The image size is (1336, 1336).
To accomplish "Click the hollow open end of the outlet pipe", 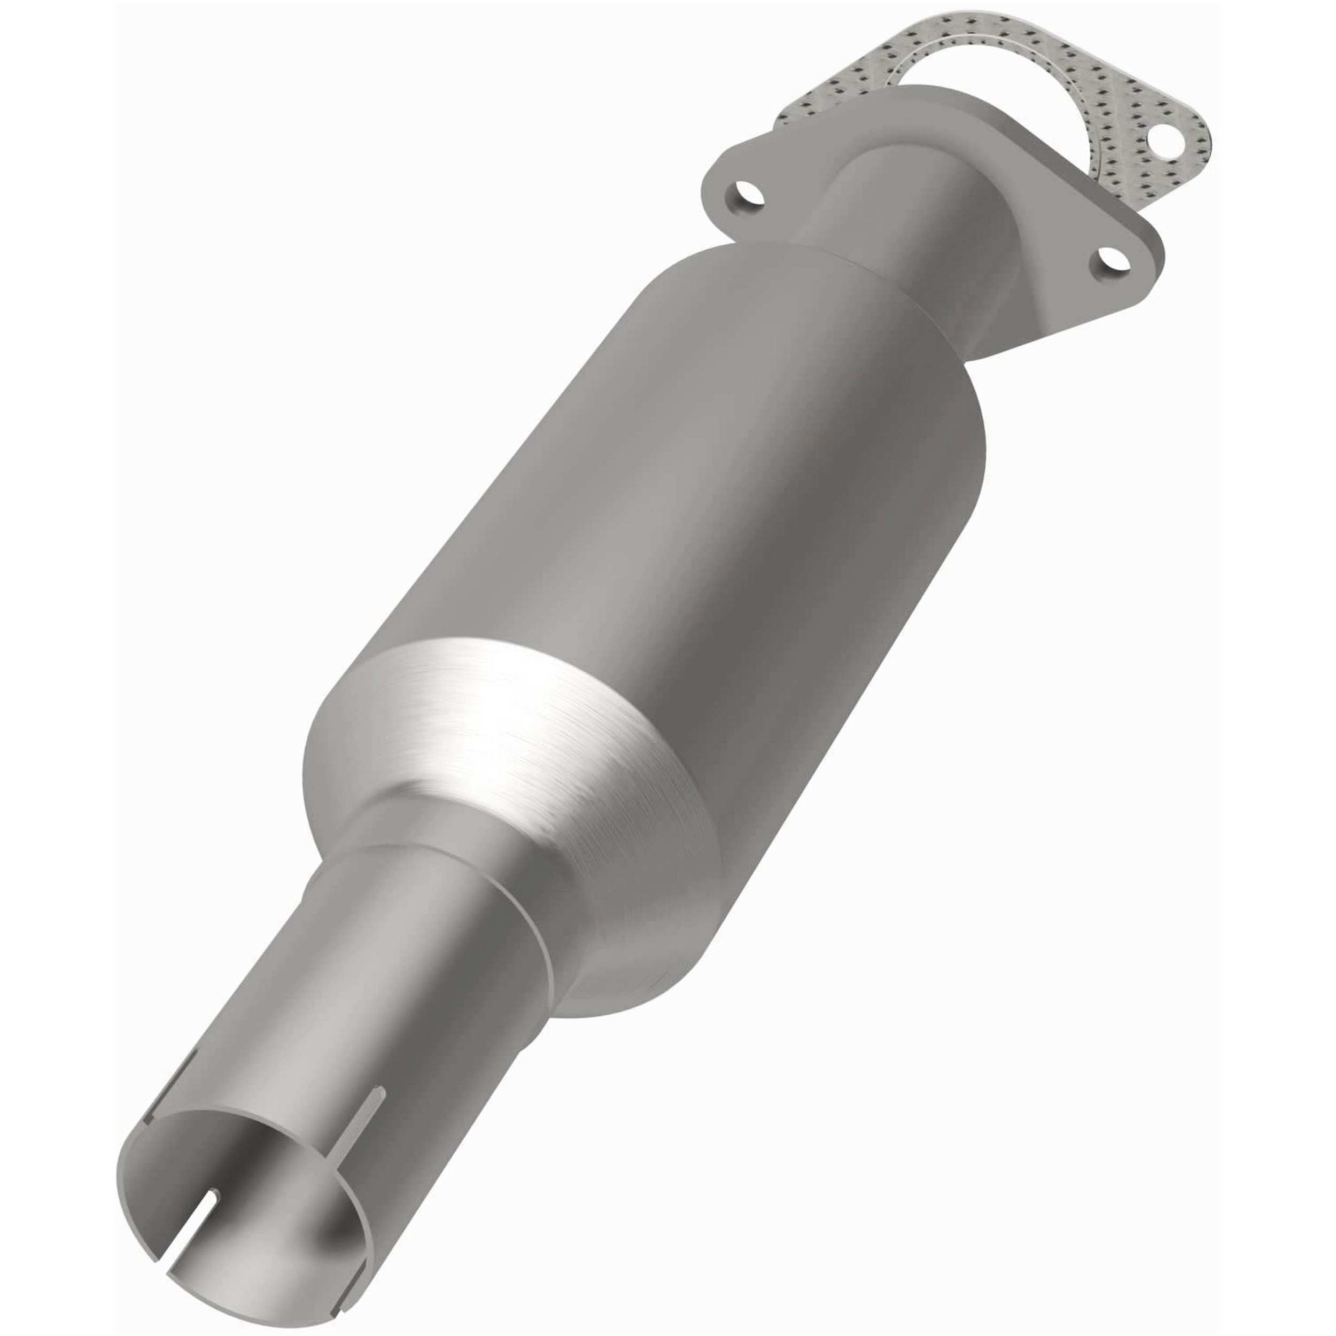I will pos(235,1190).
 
